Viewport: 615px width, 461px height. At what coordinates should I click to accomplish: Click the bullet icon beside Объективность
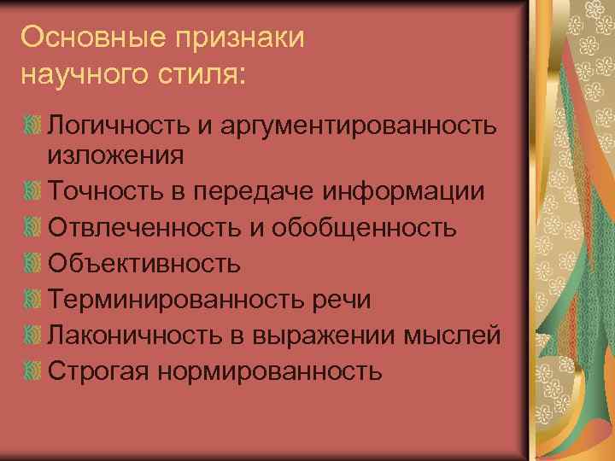[x=32, y=263]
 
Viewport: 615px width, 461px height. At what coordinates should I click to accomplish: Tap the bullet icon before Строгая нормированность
[x=32, y=371]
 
